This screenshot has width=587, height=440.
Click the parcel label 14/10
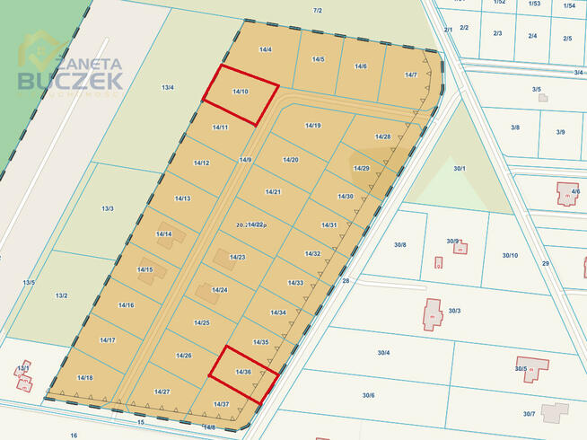240,91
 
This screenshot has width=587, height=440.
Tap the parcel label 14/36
243,371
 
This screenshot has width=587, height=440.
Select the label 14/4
265,48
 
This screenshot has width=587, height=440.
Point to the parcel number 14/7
411,75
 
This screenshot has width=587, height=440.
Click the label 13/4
167,87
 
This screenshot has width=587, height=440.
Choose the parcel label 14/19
313,126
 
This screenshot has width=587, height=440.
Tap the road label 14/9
246,159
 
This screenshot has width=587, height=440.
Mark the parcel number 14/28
383,136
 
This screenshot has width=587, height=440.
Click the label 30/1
460,168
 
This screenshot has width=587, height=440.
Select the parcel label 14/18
85,378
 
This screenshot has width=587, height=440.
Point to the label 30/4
383,352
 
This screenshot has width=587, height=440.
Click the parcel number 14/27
162,392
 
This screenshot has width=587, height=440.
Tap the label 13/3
108,208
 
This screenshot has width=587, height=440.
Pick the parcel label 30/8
399,245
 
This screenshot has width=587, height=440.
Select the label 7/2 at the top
317,10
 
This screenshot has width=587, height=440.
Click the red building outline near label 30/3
433,315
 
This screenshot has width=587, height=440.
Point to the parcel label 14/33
295,283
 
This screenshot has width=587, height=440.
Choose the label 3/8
515,128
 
